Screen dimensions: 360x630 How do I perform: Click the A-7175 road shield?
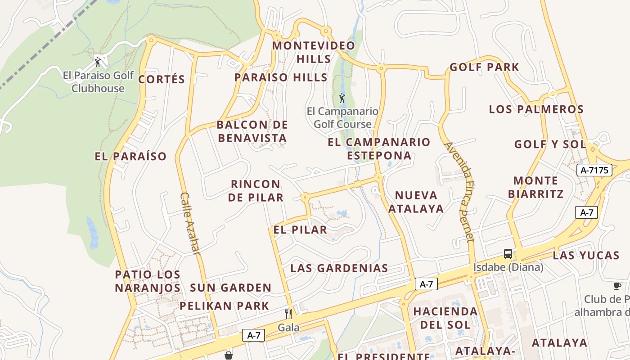(x=594, y=170)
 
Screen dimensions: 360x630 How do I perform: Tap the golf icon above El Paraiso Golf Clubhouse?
(x=98, y=62)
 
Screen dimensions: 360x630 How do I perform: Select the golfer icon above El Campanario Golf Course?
(x=342, y=98)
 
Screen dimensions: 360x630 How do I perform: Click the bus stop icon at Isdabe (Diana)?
(x=508, y=254)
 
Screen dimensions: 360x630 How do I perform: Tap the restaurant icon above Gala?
(x=288, y=314)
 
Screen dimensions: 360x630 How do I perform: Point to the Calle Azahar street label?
(x=190, y=223)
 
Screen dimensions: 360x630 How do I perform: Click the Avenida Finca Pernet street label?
(x=459, y=191)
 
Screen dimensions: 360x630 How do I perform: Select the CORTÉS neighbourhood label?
(x=162, y=80)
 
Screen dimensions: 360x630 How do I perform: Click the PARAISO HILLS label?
(x=281, y=77)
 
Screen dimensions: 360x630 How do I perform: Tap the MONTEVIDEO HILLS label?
(x=314, y=52)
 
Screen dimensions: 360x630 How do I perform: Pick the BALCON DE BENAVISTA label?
(x=252, y=131)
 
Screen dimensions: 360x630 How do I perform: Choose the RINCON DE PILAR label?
(x=256, y=191)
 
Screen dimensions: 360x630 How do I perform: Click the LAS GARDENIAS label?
(x=339, y=268)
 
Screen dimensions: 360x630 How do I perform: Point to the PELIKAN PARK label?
(x=224, y=306)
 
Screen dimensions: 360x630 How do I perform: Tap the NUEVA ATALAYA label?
(x=416, y=202)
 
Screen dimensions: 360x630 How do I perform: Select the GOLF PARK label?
(x=484, y=67)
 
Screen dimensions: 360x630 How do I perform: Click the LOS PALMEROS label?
(x=536, y=109)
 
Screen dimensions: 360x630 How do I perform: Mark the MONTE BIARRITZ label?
(x=535, y=187)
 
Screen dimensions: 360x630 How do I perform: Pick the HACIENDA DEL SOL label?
(x=445, y=318)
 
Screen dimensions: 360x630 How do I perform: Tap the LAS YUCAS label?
(x=586, y=256)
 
